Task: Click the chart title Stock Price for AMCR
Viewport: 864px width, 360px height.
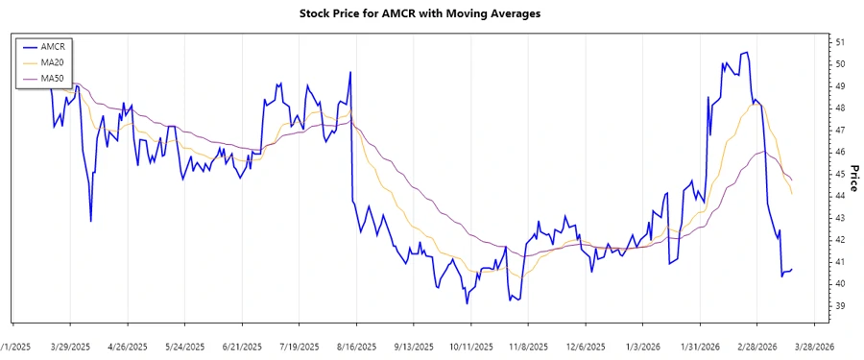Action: point(431,13)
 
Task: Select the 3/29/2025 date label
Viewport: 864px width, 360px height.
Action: point(70,346)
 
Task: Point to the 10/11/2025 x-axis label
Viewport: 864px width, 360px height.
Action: point(471,346)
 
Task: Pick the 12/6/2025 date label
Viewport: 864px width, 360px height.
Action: point(586,346)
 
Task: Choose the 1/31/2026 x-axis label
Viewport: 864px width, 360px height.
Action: point(700,346)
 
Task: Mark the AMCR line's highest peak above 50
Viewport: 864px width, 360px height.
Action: point(747,52)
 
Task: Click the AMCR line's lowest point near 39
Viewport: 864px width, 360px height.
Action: point(467,303)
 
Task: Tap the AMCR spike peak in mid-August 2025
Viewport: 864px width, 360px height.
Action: point(350,72)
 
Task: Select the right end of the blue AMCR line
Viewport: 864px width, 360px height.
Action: point(792,270)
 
